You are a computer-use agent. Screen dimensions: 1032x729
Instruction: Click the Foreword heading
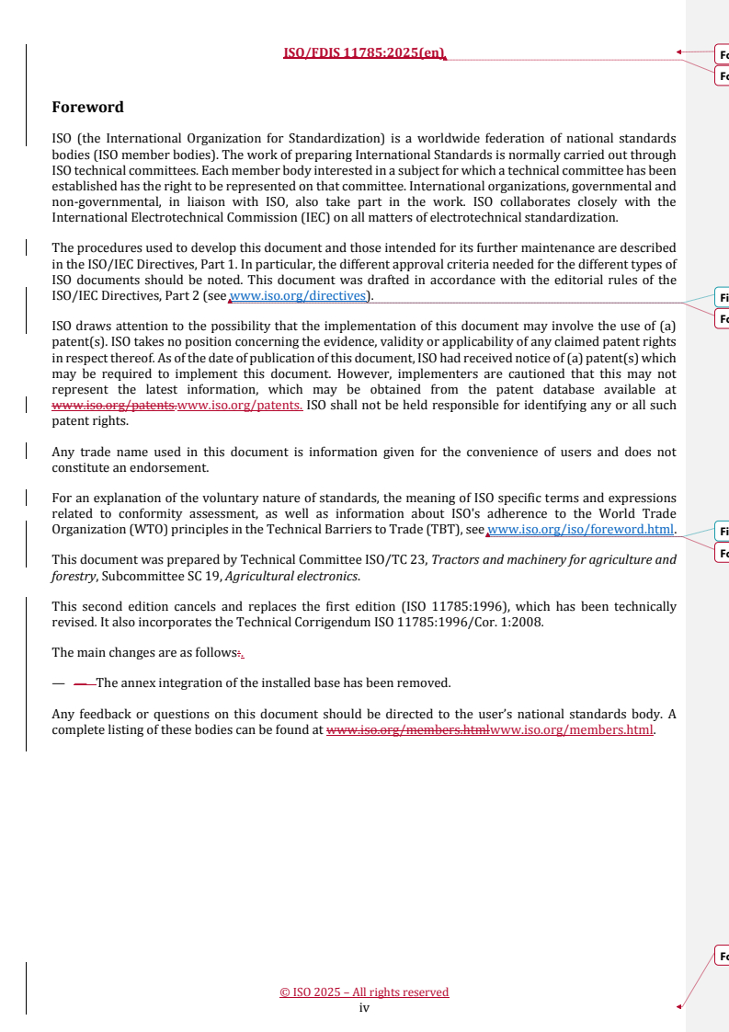[87, 107]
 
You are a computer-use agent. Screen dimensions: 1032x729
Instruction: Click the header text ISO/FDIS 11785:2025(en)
[364, 52]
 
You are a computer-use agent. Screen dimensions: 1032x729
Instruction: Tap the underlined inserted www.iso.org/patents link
[239, 406]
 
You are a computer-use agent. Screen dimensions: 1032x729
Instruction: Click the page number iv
[364, 1008]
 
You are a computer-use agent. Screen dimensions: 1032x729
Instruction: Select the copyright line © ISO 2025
[364, 992]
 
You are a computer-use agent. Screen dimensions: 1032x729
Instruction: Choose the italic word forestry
[74, 577]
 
